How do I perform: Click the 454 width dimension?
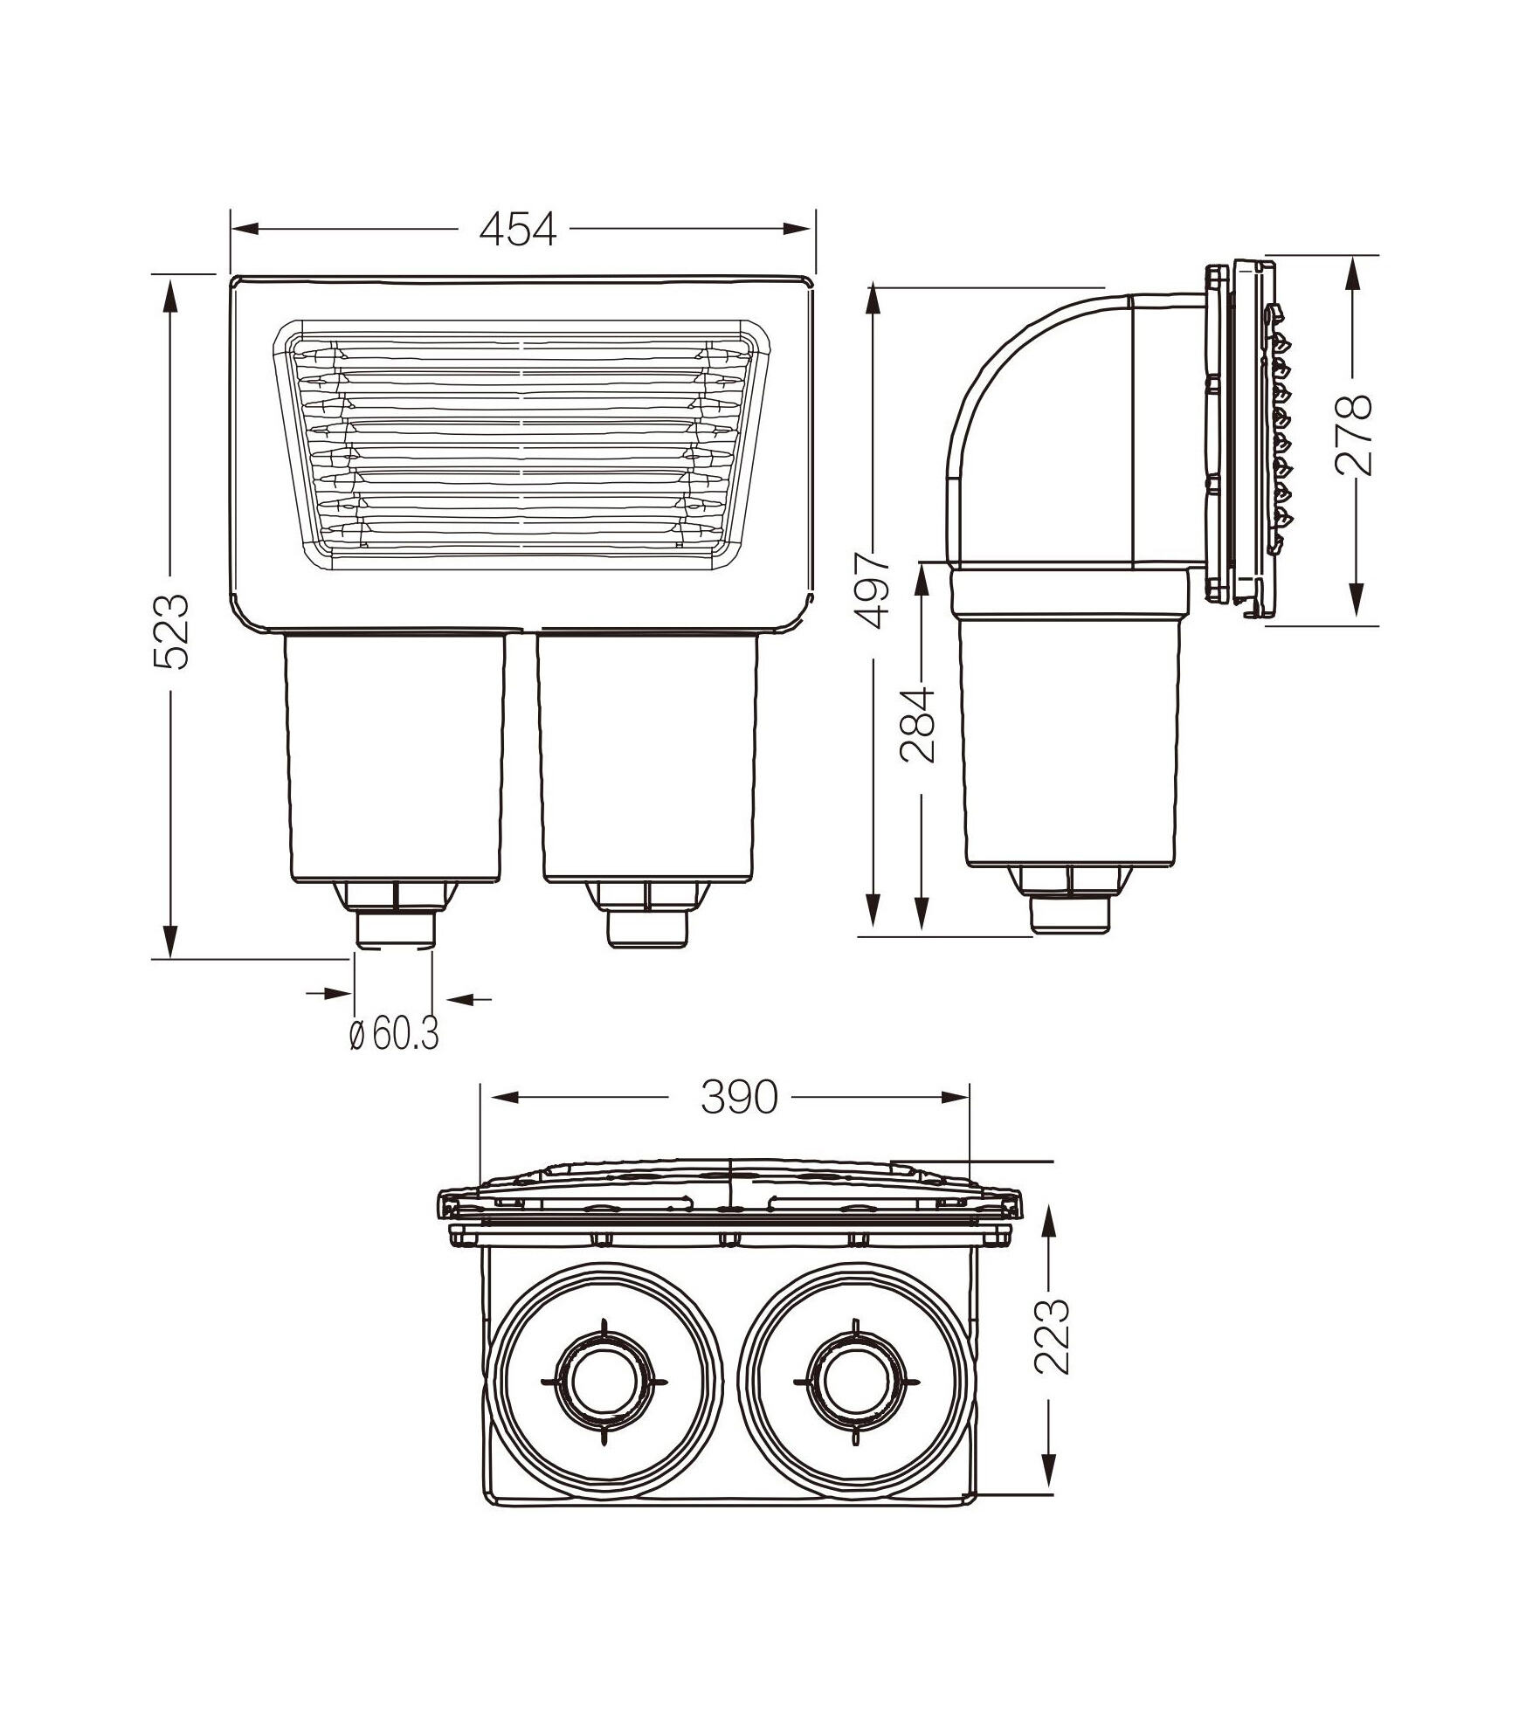tap(517, 230)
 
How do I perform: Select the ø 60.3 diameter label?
tap(393, 1034)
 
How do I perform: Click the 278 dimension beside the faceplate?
tap(1355, 434)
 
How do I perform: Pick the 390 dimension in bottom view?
tap(738, 1097)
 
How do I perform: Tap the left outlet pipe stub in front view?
tap(396, 930)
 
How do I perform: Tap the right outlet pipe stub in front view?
tap(647, 930)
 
